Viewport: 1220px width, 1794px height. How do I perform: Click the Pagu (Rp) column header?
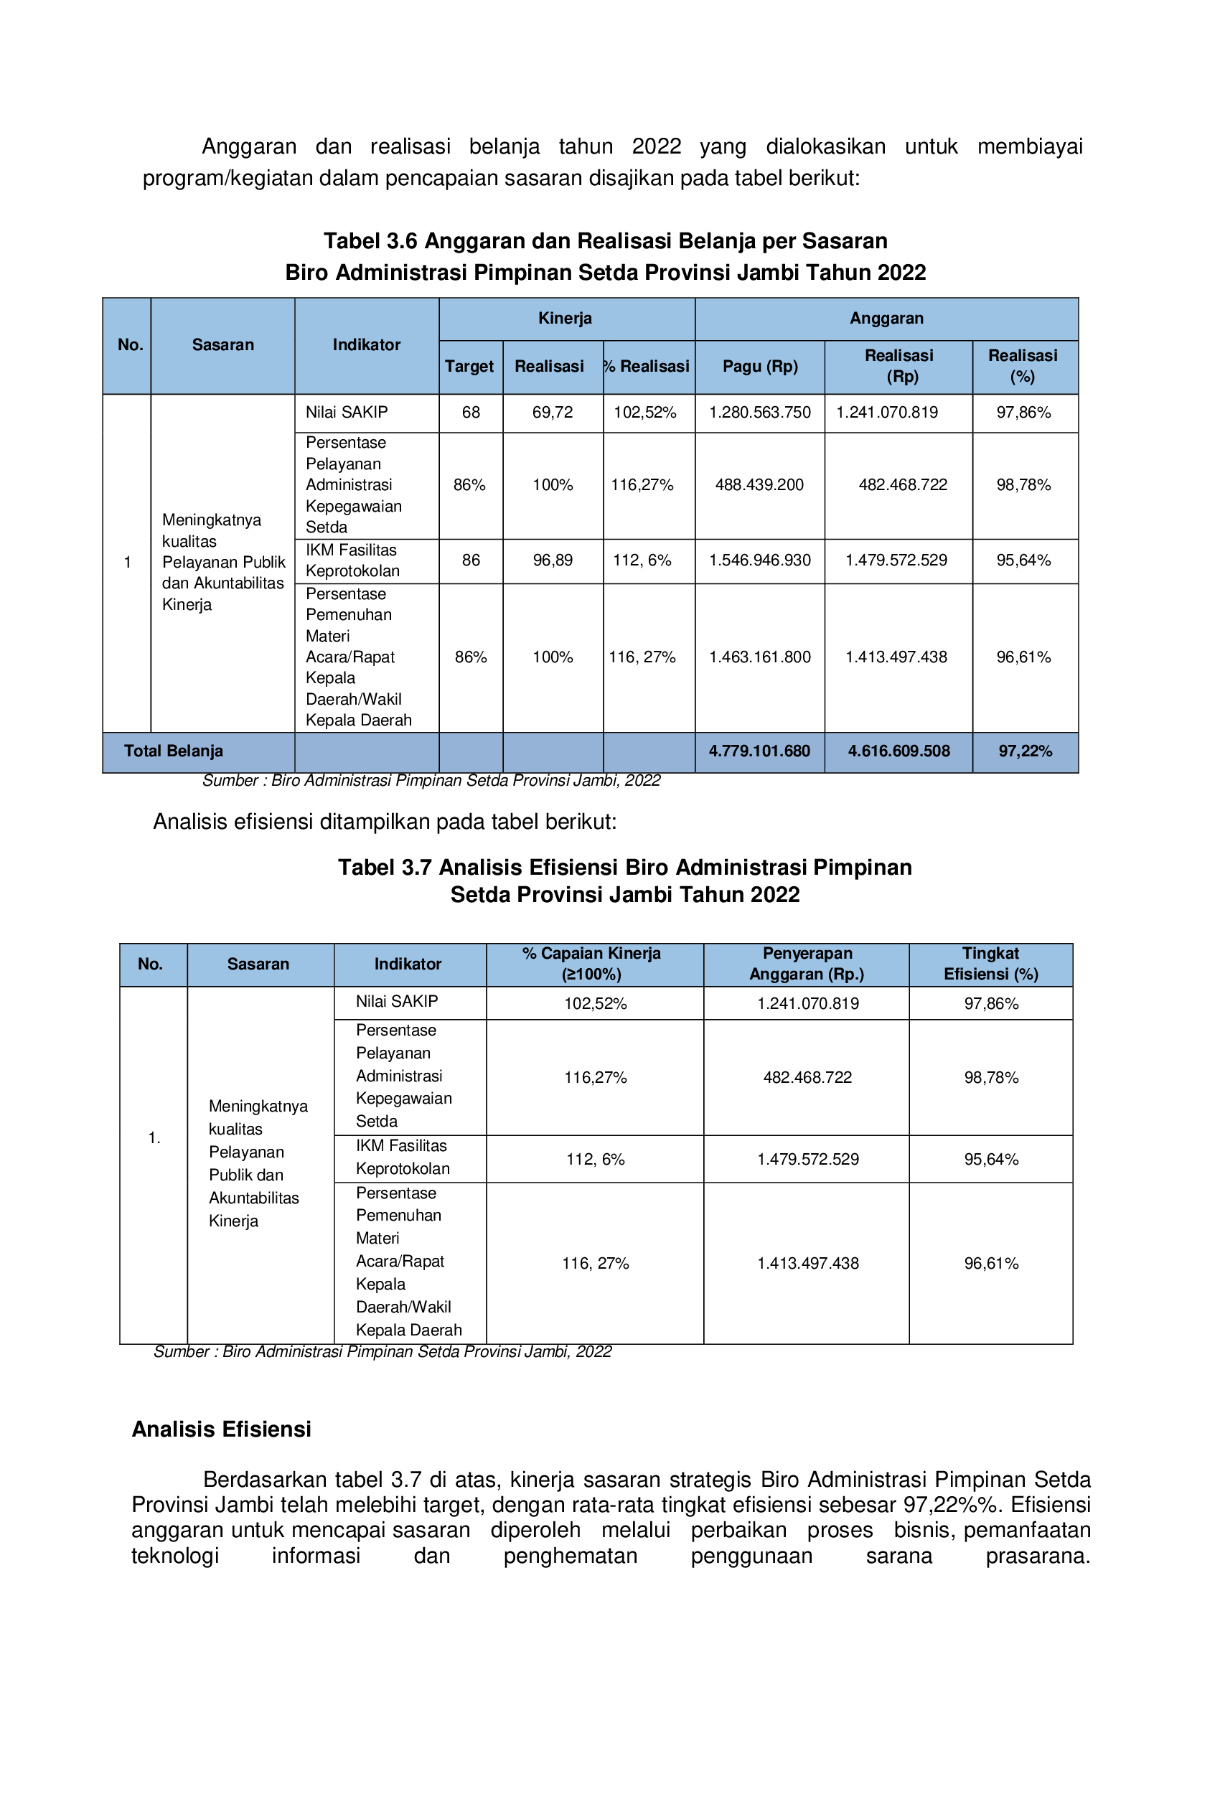tap(760, 367)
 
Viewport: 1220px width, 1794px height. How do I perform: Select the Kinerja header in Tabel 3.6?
tap(566, 318)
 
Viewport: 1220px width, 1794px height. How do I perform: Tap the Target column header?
tap(469, 367)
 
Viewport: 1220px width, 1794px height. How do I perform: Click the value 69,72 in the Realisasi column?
tap(552, 412)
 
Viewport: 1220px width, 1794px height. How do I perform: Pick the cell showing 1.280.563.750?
tap(760, 412)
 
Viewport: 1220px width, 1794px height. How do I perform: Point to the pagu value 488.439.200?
tap(759, 485)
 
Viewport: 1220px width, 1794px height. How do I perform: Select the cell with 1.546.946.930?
tap(760, 560)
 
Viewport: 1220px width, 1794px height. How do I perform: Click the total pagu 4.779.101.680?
tap(760, 751)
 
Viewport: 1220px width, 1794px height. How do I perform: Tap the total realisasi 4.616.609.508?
tap(898, 751)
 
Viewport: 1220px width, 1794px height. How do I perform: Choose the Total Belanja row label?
tap(174, 751)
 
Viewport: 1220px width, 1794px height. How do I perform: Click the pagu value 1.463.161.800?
tap(760, 657)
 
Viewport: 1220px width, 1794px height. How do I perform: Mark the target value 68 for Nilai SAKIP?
tap(471, 412)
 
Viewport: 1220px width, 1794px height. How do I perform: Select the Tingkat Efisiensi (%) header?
tap(990, 964)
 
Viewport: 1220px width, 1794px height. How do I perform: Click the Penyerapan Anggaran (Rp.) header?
tap(807, 964)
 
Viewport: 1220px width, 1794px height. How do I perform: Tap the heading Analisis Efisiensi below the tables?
tap(222, 1429)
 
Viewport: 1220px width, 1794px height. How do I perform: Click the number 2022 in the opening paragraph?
tap(657, 146)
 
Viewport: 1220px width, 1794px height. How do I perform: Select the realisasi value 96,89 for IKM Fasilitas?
tap(553, 560)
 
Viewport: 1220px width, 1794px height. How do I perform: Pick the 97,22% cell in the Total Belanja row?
tap(1025, 751)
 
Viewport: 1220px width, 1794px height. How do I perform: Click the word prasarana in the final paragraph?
tap(1037, 1556)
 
